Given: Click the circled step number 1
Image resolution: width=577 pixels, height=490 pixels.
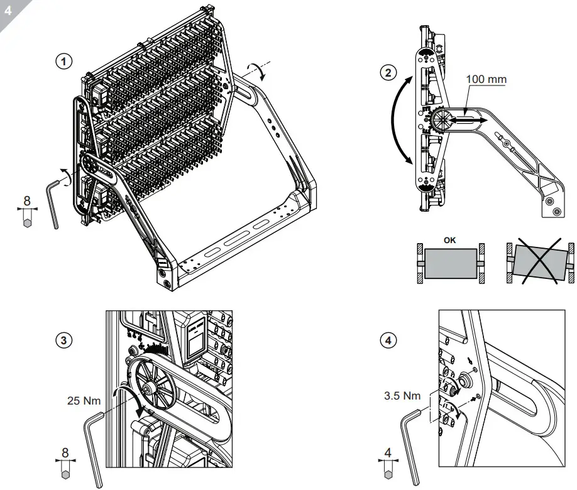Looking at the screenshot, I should click(x=63, y=61).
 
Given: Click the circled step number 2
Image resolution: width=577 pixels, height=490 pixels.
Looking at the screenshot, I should click(x=389, y=72).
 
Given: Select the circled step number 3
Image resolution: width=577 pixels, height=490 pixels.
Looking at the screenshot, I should click(x=63, y=340).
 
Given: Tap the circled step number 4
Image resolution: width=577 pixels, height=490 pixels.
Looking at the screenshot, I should click(x=390, y=340).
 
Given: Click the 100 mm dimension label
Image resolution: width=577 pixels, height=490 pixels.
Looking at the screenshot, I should click(x=486, y=80).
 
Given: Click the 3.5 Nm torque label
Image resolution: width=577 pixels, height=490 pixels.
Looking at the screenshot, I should click(x=402, y=396).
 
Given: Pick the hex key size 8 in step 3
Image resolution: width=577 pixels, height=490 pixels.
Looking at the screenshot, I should click(x=66, y=452).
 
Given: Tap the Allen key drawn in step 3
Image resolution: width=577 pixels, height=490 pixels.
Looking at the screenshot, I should click(x=93, y=446).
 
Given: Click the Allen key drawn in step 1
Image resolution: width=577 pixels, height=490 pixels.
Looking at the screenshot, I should click(x=53, y=202).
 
